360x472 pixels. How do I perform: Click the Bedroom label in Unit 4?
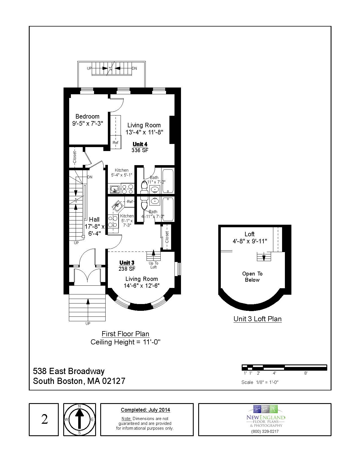coord(87,116)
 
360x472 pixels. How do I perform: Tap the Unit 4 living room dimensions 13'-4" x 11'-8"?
coord(144,132)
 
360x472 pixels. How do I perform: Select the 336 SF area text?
coord(140,150)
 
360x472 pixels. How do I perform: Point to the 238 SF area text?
coord(127,269)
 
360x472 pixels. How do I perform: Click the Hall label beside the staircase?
coord(94,219)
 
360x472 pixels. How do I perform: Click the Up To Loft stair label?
coord(153,265)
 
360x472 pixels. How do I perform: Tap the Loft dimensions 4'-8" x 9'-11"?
coord(250,241)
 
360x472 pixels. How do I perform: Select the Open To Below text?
coord(252,277)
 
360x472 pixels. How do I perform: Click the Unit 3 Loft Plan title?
coord(258,319)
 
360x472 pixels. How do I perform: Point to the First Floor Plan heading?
coord(125,334)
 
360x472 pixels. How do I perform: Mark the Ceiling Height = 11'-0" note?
coord(125,342)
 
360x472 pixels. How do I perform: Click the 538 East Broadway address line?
coord(69,371)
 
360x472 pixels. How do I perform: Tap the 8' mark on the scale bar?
coord(306,373)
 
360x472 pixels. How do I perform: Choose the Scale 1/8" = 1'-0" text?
coord(260,382)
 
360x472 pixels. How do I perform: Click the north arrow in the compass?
coord(79,419)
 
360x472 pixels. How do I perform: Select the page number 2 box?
coord(44,419)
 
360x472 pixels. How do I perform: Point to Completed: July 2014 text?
coord(145,410)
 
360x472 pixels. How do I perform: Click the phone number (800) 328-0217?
coord(265,431)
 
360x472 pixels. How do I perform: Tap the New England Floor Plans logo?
coord(265,416)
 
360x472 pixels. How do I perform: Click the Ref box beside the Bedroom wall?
coord(115,143)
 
